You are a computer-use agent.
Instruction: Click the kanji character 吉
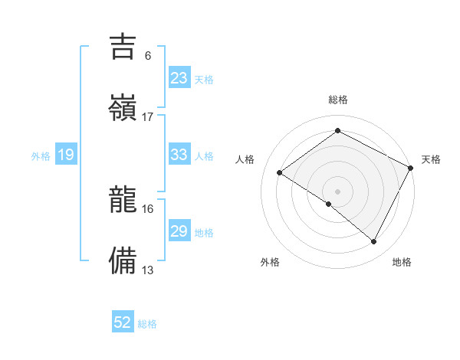coord(123,47)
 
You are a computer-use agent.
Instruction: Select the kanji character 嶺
coord(123,106)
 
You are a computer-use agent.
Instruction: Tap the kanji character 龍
coord(123,201)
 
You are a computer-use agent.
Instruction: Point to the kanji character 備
coord(123,260)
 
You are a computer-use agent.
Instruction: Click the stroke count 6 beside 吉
coord(148,56)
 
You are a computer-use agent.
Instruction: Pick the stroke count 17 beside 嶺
coord(148,116)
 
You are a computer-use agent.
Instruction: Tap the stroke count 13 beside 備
coord(148,270)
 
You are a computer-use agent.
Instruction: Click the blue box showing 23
coord(179,78)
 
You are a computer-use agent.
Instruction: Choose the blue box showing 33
coord(179,155)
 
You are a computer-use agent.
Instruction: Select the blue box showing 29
coord(179,231)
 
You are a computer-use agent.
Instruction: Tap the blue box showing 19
coord(66,155)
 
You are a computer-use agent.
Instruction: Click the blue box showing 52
coord(123,323)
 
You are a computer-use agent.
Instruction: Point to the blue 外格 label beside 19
coord(41,156)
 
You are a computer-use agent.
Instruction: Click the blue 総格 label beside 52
coord(147,324)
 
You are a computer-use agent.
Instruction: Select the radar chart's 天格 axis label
coord(431,159)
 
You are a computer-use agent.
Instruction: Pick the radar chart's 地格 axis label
coord(402,262)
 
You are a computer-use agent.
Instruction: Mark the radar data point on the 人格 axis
coord(279,172)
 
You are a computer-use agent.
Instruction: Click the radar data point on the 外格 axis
coord(329,204)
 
